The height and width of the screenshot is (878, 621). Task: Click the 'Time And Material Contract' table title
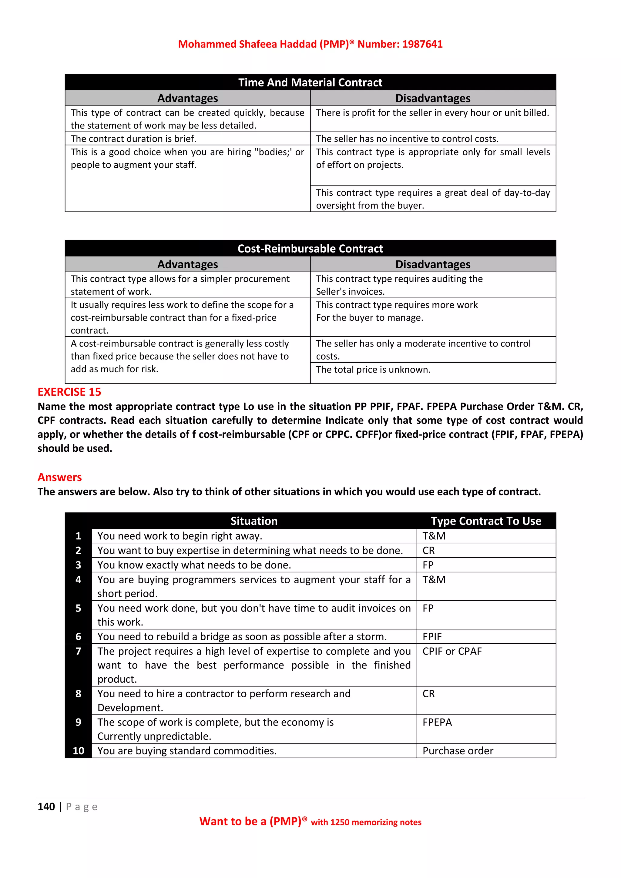point(310,82)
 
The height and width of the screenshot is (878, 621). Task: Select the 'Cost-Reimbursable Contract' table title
point(310,249)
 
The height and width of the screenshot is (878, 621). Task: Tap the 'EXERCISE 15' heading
point(69,392)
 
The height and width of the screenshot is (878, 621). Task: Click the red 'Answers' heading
point(60,477)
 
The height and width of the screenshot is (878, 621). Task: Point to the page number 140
point(46,806)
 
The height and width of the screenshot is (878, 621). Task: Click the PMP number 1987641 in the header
point(422,44)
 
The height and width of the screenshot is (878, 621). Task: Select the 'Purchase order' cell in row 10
point(458,751)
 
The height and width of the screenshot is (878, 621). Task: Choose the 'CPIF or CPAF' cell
point(452,651)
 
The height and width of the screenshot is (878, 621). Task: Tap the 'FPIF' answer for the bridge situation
point(432,636)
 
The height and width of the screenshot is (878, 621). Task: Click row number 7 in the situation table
point(79,651)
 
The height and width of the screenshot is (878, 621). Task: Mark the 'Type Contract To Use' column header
point(486,521)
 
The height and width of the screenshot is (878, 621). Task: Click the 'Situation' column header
point(254,521)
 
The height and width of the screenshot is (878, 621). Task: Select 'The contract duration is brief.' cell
point(133,139)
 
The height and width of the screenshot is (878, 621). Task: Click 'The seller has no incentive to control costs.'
point(407,139)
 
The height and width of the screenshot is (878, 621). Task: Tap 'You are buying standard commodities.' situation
point(187,751)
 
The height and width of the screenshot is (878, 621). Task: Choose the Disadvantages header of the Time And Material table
point(433,98)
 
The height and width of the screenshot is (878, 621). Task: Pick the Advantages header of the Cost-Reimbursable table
point(187,264)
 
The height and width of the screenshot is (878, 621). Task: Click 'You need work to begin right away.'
point(180,536)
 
